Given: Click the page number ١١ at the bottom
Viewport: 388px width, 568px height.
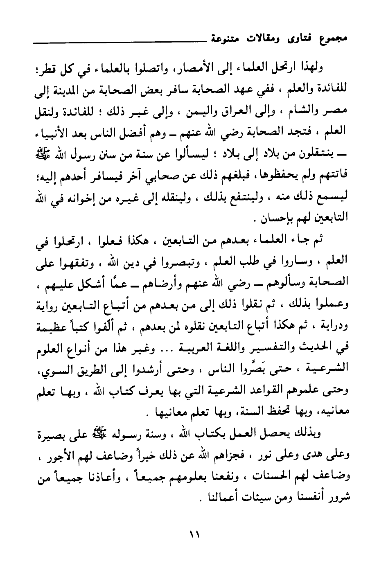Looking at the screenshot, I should (x=194, y=534).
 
